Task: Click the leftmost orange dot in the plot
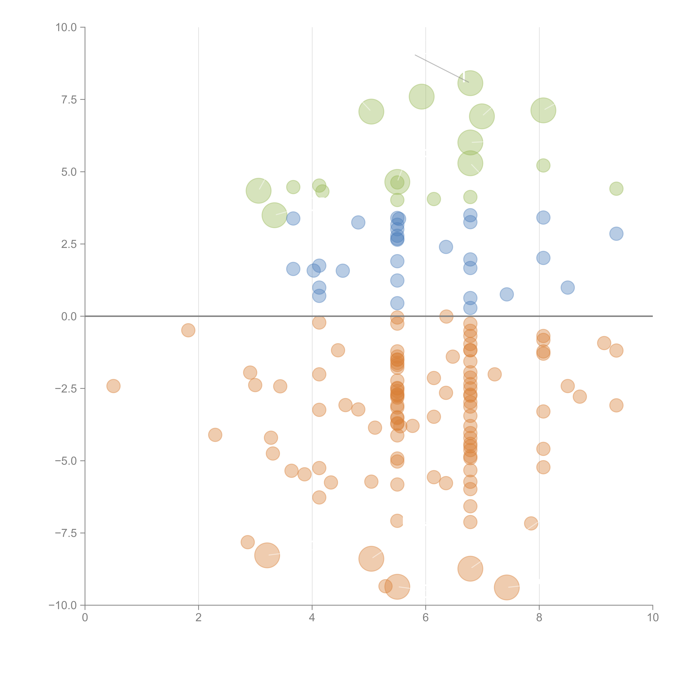113,386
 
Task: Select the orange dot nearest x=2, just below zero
188,330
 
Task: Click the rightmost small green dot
616,189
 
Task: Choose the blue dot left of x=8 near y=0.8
506,294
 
